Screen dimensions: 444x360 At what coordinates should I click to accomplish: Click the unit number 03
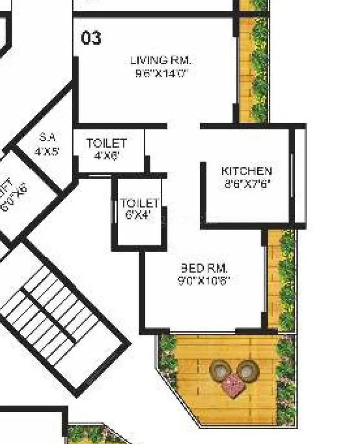(91, 38)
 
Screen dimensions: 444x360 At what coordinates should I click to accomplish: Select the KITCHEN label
(246, 171)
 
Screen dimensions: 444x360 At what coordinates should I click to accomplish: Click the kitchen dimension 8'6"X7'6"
(247, 184)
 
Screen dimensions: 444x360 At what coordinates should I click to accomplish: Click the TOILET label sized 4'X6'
(106, 143)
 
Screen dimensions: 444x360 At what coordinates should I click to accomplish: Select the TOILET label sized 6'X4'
(139, 204)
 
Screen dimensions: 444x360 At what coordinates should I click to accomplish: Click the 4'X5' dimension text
(47, 151)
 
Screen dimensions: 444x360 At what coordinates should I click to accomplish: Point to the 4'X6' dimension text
(106, 156)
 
